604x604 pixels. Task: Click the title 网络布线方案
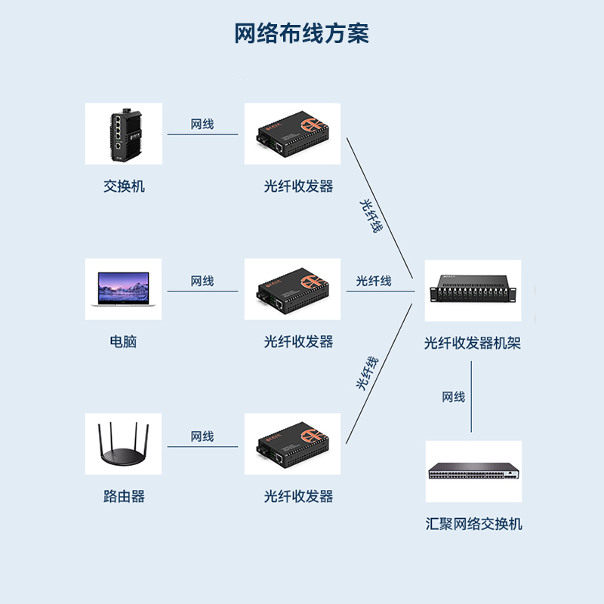tap(301, 34)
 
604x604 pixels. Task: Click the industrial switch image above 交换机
tap(123, 134)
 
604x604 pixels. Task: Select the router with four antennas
tap(123, 444)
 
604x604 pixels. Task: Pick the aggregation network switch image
tap(473, 471)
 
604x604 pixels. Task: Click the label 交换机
tap(124, 186)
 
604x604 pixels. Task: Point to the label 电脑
tap(123, 341)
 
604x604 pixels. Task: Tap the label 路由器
tap(124, 496)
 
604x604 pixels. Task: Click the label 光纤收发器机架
tap(473, 344)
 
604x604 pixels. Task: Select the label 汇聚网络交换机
tap(473, 524)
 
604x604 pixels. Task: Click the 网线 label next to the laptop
tap(202, 281)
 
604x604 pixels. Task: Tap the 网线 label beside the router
tap(202, 436)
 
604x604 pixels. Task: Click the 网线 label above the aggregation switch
tap(454, 397)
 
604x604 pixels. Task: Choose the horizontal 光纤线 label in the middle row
tap(374, 281)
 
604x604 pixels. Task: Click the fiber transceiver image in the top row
tap(292, 134)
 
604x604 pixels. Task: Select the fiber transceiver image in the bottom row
tap(292, 444)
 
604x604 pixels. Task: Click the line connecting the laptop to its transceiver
tap(202, 291)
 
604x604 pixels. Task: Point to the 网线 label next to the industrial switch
tap(202, 124)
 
